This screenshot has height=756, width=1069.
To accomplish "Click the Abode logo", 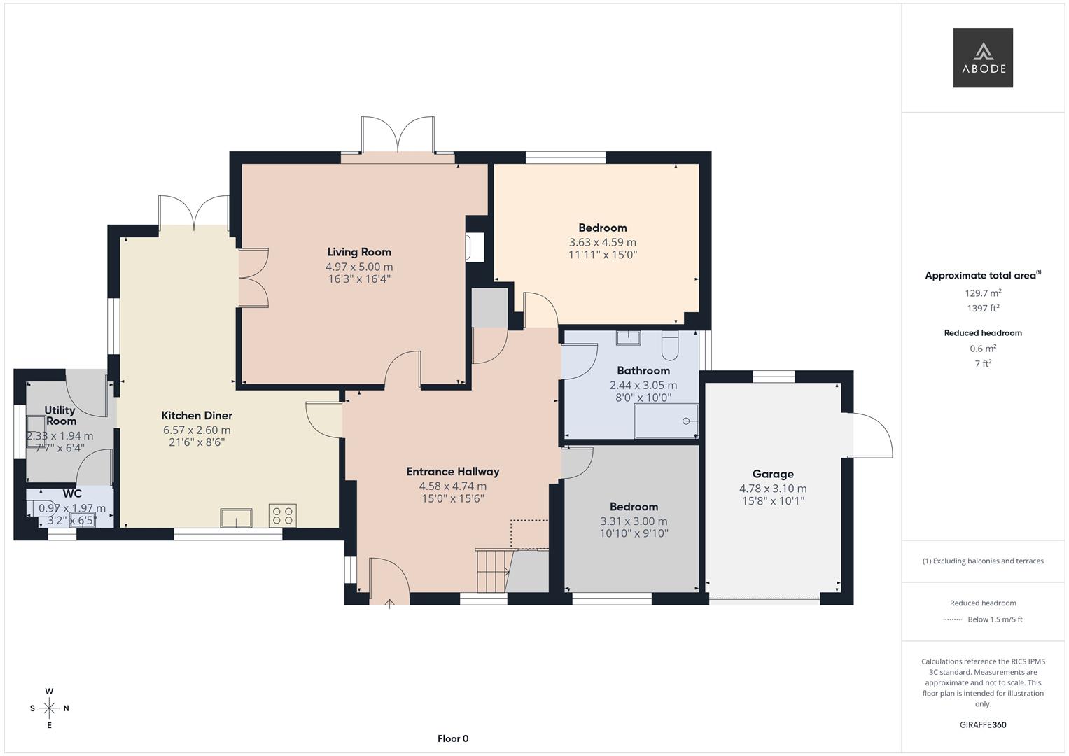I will tap(982, 58).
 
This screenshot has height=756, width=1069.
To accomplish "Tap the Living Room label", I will tap(359, 252).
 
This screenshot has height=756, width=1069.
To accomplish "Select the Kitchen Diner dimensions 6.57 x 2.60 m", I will tap(196, 430).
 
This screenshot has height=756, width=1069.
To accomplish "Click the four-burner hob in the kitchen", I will tap(282, 516).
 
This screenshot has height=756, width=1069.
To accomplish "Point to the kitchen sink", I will tap(236, 518).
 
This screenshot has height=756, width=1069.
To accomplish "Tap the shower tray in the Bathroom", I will tap(666, 421).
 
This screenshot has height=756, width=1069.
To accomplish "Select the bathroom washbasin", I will tap(628, 338).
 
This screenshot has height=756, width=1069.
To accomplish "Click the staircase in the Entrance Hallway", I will tap(492, 570).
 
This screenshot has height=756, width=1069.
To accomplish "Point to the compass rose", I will tap(49, 708).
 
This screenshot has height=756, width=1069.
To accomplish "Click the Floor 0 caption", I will tap(453, 738).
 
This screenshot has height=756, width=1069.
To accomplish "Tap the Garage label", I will tap(773, 474).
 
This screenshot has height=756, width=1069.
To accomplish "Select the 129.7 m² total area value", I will tap(983, 293).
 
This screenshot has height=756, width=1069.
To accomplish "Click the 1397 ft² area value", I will tap(983, 308).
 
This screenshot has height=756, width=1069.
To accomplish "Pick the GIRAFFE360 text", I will tap(983, 724).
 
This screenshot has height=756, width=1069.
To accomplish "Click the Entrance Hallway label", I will tap(453, 471).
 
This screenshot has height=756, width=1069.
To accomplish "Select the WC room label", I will tap(72, 493).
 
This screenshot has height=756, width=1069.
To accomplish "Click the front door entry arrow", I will tap(389, 603).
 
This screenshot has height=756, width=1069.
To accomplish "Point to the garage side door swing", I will tap(872, 435).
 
